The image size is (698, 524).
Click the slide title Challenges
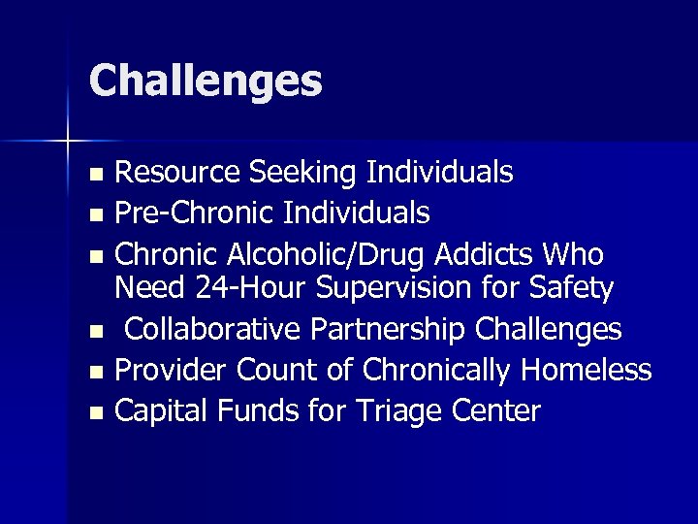click(x=205, y=81)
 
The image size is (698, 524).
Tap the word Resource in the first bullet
click(x=177, y=173)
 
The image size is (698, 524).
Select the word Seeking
click(x=302, y=173)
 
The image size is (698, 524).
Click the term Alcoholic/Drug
click(x=330, y=254)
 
